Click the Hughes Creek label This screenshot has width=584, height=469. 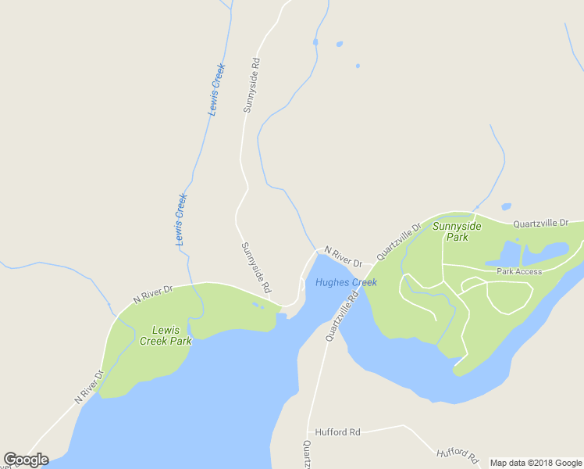(x=346, y=282)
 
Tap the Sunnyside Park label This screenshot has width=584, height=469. (x=457, y=231)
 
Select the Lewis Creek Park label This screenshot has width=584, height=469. (x=166, y=335)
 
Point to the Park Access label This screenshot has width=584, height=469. (x=518, y=272)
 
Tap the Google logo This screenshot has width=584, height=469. (x=26, y=460)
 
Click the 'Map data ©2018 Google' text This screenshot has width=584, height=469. (x=536, y=463)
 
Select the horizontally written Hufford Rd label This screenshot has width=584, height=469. (x=337, y=431)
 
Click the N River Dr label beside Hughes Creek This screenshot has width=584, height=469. (x=344, y=256)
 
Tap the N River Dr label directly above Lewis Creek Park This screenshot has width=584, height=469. (x=152, y=293)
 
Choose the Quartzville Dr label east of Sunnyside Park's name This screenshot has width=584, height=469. (x=541, y=224)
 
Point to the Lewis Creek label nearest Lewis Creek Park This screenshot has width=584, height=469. (x=180, y=220)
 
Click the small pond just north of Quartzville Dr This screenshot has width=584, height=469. (x=506, y=207)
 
